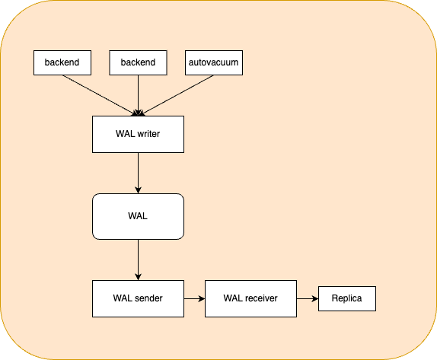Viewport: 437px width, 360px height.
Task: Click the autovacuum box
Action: (x=214, y=62)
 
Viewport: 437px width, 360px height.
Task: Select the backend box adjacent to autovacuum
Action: (x=139, y=62)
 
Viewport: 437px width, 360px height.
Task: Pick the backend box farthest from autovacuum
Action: (x=62, y=62)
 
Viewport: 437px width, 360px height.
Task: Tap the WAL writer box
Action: (x=139, y=134)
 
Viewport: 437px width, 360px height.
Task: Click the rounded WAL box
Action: (x=139, y=216)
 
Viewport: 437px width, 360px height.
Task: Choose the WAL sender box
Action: (x=139, y=298)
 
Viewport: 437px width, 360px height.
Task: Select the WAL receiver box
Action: (x=250, y=298)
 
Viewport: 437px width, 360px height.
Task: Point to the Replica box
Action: (x=347, y=298)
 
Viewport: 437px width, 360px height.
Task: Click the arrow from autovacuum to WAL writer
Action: (x=177, y=95)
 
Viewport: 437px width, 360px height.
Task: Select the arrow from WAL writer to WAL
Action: (x=139, y=173)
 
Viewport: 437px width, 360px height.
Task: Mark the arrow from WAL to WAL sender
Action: (x=139, y=260)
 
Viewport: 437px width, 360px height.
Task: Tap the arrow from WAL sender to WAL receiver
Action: (x=195, y=298)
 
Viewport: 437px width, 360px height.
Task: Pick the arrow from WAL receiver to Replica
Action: (x=308, y=298)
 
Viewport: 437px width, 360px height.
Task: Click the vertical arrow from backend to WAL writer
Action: (x=139, y=96)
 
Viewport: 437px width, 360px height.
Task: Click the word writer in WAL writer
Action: (x=148, y=134)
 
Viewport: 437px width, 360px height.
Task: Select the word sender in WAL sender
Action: (x=148, y=298)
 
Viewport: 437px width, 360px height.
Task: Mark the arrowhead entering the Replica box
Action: (x=315, y=298)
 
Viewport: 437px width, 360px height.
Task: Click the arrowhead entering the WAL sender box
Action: (x=139, y=277)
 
